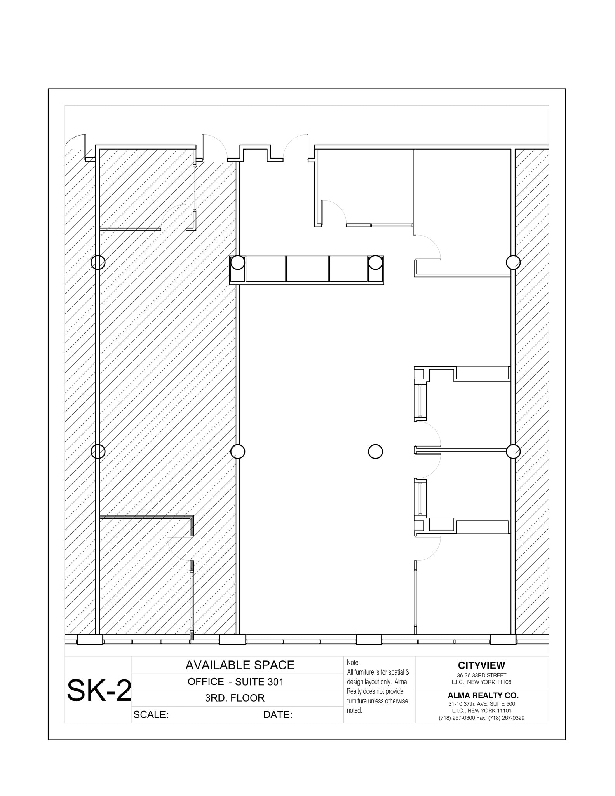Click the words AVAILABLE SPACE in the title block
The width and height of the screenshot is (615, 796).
pos(240,665)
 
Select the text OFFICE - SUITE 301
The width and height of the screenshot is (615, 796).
pos(235,682)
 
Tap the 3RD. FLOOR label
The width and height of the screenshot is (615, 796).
pos(235,698)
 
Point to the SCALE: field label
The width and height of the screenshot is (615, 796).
pos(151,715)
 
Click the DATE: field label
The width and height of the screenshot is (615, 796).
pos(277,715)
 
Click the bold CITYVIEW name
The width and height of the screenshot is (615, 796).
pos(481,666)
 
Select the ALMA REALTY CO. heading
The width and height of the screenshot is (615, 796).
pos(483,696)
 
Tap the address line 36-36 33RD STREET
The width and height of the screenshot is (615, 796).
pos(481,676)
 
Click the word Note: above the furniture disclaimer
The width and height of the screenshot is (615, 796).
pos(353,663)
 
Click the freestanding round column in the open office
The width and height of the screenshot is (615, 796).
pos(375,452)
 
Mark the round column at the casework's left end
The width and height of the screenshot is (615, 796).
pos(238,263)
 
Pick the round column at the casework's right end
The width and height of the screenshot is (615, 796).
pos(375,262)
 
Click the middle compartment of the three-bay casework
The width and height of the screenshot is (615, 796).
pos(307,269)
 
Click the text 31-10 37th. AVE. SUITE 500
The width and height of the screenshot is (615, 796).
pos(481,704)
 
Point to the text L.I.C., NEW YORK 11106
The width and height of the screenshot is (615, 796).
pos(481,682)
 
